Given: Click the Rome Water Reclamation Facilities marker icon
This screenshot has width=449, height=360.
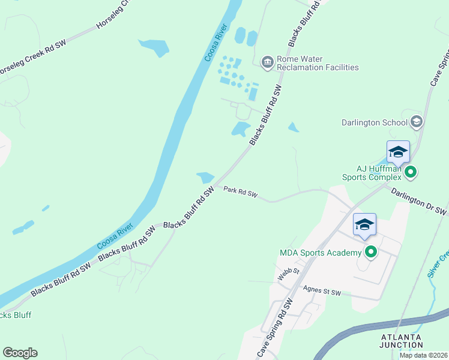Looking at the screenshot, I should coord(267,61).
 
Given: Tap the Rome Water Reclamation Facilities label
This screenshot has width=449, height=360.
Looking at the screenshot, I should coord(318,63).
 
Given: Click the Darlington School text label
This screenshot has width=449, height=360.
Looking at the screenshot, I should coord(374,122).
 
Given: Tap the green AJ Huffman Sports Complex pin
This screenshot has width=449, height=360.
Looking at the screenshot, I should coord(411,173).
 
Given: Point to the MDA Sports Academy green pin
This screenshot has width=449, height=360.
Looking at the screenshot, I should coord(371,252).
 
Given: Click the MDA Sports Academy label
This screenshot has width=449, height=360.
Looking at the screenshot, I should coord(321,253).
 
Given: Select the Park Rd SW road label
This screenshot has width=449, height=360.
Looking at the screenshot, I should coord(241,193).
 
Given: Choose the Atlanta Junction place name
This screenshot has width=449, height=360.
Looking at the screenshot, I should coord(402,340).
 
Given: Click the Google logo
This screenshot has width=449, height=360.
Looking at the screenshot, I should coord(20,353).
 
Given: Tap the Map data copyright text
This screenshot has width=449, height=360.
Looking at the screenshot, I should coord(423,355).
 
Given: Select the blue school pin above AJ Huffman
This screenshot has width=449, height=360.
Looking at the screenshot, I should coord(398,152).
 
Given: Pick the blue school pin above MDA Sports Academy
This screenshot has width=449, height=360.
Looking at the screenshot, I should coord(364,225).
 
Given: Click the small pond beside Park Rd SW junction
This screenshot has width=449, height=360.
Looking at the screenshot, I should coord(205,178).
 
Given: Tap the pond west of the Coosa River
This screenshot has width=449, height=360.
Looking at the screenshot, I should coord(154,47).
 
